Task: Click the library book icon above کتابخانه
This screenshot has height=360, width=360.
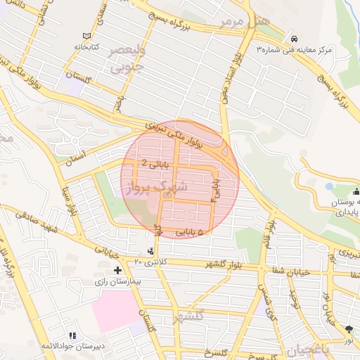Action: (86, 36)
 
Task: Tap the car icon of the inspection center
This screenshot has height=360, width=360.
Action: (293, 38)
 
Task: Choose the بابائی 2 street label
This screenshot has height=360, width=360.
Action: (154, 162)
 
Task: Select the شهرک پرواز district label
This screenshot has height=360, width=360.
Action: (157, 188)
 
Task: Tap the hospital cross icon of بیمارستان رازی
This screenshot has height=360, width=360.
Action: (117, 270)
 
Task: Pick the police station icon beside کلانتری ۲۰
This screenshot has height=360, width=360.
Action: (150, 251)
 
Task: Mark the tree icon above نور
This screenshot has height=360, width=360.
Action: (349, 328)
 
